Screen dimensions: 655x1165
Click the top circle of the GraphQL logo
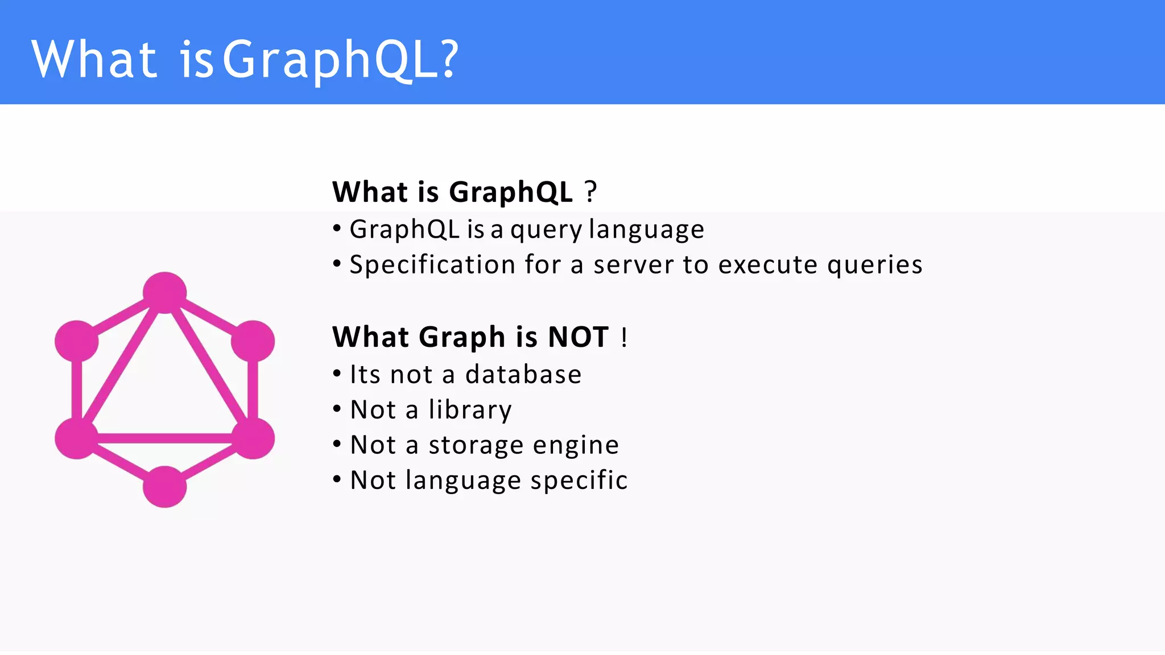click(x=164, y=292)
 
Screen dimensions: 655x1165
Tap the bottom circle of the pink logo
click(x=164, y=487)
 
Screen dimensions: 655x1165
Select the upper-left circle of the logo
click(x=77, y=341)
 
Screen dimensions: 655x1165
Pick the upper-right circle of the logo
click(x=253, y=341)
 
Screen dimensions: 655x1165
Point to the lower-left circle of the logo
click(x=77, y=438)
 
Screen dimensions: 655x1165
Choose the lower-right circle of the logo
click(x=253, y=438)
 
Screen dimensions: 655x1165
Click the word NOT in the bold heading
click(x=578, y=337)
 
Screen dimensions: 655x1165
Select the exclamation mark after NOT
click(x=624, y=337)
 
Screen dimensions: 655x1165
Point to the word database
click(x=523, y=375)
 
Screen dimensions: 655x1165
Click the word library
click(x=470, y=410)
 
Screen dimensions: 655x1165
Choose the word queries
click(x=875, y=266)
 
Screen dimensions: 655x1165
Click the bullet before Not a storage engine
click(x=337, y=443)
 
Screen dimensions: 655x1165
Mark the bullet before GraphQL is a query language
click(x=337, y=229)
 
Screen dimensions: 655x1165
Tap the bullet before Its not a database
click(x=337, y=374)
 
